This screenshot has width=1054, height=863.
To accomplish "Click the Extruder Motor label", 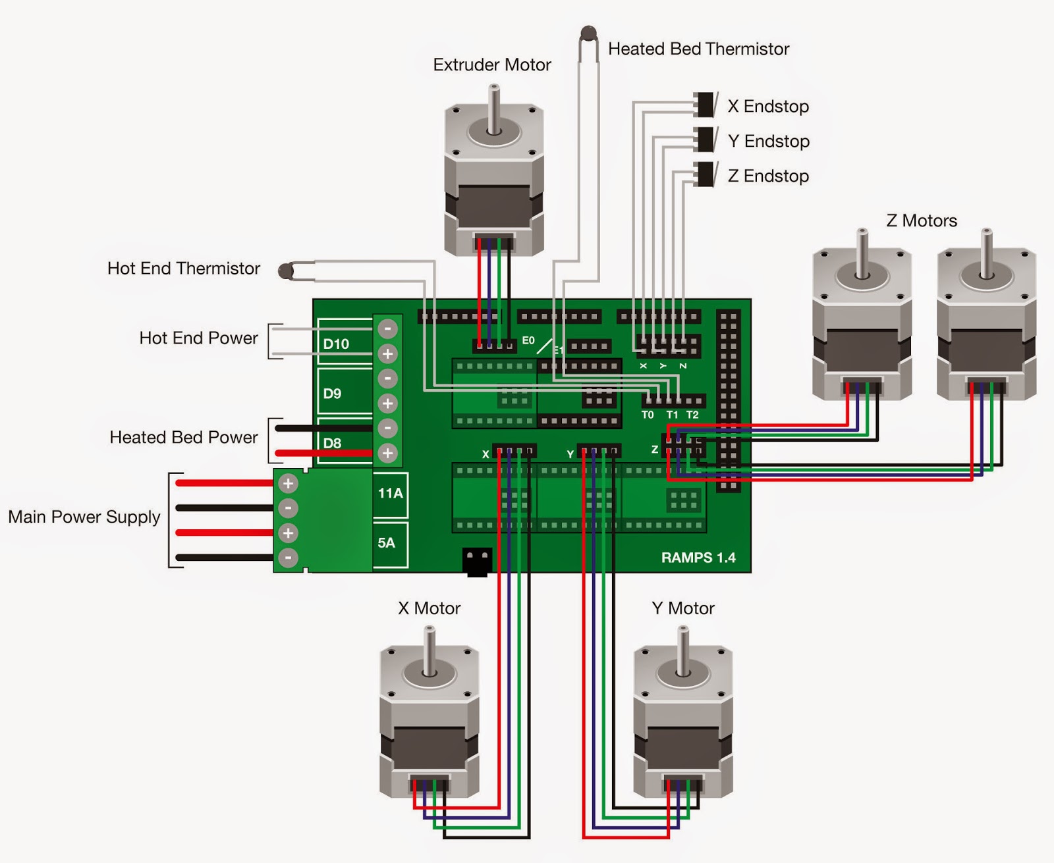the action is tap(492, 65).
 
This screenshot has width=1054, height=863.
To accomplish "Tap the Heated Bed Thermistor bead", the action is tap(589, 34).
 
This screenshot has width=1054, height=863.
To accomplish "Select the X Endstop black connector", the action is tap(705, 105).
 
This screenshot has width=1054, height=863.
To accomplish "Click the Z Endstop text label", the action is tap(768, 176).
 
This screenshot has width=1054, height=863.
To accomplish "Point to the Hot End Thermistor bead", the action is tap(285, 271).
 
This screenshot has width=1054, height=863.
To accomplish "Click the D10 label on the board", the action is tap(336, 344).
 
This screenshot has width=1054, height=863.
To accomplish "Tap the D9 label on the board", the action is tap(333, 394).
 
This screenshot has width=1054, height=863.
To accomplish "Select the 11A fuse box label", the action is tap(391, 494).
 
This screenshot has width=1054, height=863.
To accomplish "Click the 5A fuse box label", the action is tap(386, 543).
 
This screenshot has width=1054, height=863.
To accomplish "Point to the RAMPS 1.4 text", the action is tap(698, 558).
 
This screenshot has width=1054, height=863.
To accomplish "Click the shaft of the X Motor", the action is tap(430, 651).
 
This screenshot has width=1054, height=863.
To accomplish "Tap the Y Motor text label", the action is tap(682, 608).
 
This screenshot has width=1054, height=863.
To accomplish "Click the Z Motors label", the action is tap(922, 221).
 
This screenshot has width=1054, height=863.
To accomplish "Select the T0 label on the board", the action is tap(648, 415).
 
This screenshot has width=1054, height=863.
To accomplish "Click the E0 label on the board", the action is tap(528, 340).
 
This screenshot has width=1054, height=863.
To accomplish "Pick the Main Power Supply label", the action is tap(84, 517).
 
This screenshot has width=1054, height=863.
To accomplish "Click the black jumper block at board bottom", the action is tap(478, 562).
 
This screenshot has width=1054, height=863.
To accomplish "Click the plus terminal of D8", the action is tap(387, 453).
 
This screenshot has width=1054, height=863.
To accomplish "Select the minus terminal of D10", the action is tap(387, 329).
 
